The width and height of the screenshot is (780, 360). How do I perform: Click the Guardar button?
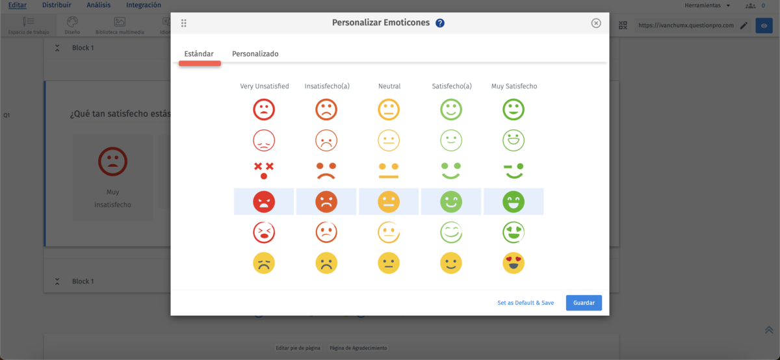tap(584, 303)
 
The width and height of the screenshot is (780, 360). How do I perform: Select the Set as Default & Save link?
tap(525, 303)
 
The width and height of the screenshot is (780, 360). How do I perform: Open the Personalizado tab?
tap(255, 54)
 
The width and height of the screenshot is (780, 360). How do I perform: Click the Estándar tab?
tap(199, 54)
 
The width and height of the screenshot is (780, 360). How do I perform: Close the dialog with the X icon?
tap(596, 23)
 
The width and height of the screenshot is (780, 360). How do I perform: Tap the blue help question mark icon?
tap(440, 23)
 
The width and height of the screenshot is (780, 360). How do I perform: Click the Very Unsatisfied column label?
tap(264, 86)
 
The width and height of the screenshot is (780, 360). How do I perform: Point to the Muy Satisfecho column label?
tap(513, 86)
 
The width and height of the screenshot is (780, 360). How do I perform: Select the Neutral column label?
tap(389, 86)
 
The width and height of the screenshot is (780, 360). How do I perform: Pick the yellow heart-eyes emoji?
tap(513, 263)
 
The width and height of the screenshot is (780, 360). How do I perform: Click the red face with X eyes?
tap(264, 170)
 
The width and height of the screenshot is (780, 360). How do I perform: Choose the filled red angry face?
tap(264, 201)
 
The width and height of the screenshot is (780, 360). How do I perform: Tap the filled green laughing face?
tap(513, 201)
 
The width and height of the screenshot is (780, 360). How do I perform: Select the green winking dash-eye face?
tap(513, 170)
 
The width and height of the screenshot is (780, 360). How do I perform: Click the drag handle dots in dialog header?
tap(184, 23)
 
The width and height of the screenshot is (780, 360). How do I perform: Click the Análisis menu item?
tap(98, 5)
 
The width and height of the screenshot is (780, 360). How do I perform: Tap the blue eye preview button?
tap(764, 25)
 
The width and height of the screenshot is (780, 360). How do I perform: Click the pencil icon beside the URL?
tap(744, 25)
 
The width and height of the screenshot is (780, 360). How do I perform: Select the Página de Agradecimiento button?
tap(357, 348)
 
